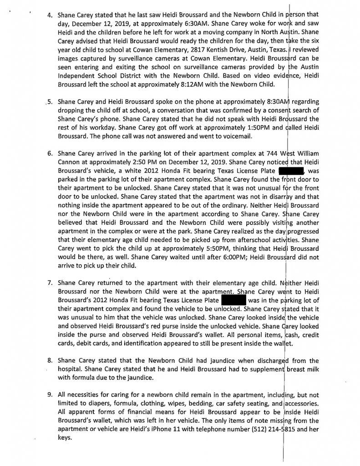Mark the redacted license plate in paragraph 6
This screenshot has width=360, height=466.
(291, 171)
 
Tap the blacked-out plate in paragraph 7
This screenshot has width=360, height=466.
(233, 301)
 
